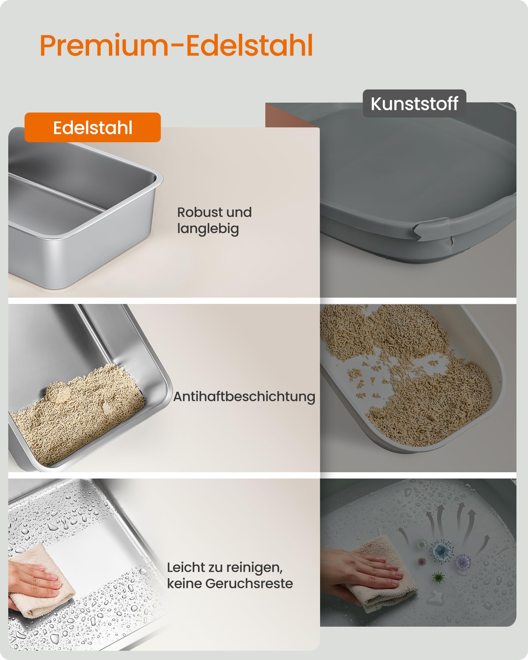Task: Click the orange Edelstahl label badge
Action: click(x=92, y=127)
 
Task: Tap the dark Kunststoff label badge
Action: click(x=414, y=104)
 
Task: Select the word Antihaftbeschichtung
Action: click(x=244, y=396)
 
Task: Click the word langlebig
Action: click(x=208, y=228)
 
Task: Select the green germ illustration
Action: click(x=438, y=577)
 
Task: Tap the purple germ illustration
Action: click(x=463, y=561)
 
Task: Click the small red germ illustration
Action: click(x=421, y=561)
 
